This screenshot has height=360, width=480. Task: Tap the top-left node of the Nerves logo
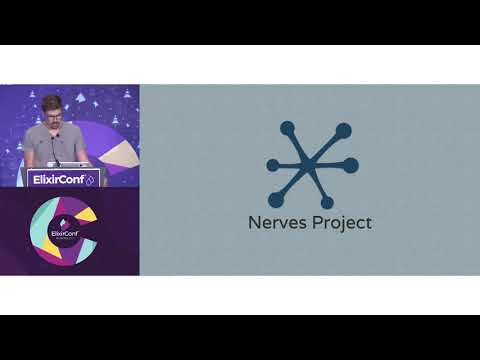tap(287, 128)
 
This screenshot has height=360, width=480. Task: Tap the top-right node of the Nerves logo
tap(343, 130)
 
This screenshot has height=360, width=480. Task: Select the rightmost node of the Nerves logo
tap(350, 165)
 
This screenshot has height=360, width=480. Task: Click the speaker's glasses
tap(53, 113)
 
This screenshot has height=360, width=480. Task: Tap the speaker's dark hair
tap(52, 102)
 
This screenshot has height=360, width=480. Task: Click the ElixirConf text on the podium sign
tap(54, 180)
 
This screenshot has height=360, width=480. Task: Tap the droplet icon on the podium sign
tap(91, 180)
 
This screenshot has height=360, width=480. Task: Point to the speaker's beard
tap(53, 123)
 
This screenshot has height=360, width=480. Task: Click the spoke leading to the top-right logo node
tap(327, 147)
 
